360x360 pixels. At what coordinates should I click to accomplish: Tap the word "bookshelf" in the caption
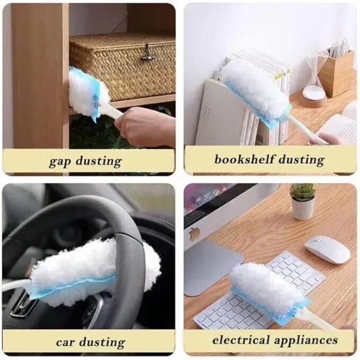244,159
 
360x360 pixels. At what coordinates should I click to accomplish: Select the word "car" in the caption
66,343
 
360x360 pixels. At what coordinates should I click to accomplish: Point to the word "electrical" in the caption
241,340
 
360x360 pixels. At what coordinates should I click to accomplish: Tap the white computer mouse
327,251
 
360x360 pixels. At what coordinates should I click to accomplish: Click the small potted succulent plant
303,202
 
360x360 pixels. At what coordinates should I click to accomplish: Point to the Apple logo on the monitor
193,234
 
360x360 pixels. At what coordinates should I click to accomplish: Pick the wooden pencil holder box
336,72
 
